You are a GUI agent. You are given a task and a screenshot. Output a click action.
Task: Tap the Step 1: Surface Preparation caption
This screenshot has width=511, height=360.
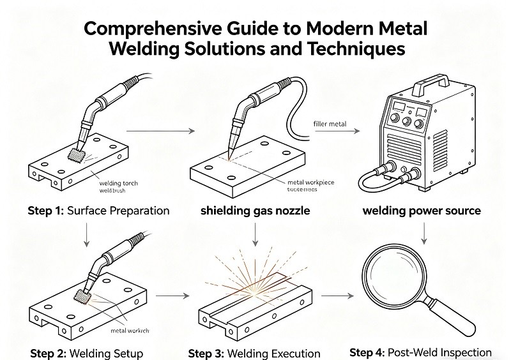click(98, 211)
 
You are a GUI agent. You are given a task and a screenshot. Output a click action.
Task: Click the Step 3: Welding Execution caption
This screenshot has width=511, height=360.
click(254, 353)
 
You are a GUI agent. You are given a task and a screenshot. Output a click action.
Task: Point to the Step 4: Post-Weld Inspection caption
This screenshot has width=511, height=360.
click(421, 352)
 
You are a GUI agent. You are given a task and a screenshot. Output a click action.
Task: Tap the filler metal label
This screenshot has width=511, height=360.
click(330, 124)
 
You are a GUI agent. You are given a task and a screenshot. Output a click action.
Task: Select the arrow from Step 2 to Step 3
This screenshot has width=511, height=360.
click(173, 296)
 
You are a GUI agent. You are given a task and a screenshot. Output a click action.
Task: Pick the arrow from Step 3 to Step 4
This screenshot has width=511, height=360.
click(337, 296)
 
